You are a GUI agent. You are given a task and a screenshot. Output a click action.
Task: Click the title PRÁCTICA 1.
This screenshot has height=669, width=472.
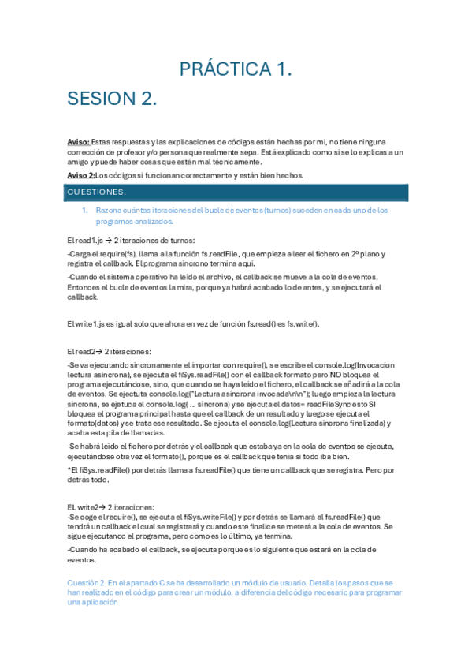(236, 69)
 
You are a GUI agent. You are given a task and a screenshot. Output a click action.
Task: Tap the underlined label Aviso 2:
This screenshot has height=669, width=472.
(81, 175)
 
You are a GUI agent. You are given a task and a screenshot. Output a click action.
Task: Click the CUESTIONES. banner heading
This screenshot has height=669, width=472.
(96, 192)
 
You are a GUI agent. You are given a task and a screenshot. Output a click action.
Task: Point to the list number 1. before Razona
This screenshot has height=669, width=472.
(86, 211)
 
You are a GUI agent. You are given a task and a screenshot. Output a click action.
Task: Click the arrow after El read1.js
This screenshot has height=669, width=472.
(109, 240)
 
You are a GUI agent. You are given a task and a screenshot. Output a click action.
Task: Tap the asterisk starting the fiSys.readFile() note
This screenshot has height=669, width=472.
(69, 470)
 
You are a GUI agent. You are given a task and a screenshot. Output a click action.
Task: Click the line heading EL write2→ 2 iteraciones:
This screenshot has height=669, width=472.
(111, 506)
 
